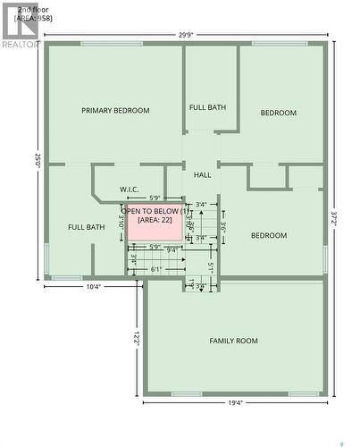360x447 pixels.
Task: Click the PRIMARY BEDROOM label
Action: tap(115, 111)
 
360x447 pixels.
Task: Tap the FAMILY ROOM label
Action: tap(233, 341)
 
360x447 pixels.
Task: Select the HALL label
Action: tap(202, 175)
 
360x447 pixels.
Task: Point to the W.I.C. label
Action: tap(130, 190)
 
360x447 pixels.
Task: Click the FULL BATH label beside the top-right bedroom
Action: tap(207, 107)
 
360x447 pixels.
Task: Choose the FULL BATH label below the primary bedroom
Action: tap(86, 227)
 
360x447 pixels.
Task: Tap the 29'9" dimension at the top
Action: tap(185, 36)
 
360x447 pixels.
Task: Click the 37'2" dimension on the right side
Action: tap(333, 217)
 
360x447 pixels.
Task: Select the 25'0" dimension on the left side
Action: tap(38, 161)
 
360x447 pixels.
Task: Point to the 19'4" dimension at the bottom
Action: tap(235, 402)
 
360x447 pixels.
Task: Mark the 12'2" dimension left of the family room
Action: tap(136, 339)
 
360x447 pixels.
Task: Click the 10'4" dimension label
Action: tap(93, 287)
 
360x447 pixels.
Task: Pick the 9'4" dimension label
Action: tap(172, 250)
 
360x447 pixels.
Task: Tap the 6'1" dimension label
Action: tap(156, 269)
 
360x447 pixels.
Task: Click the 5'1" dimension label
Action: tap(210, 266)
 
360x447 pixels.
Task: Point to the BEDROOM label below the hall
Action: tap(268, 235)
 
